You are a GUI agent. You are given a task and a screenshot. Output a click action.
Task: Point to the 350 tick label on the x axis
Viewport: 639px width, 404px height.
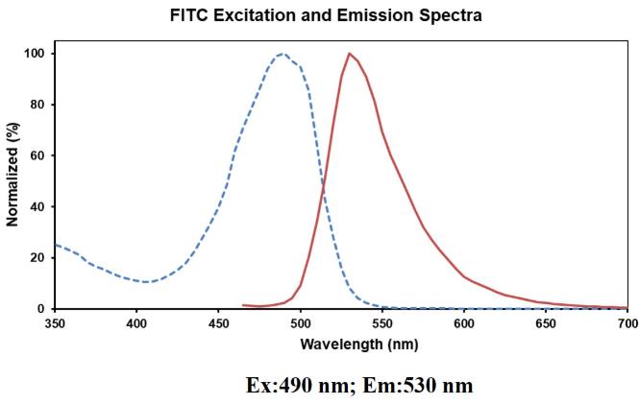tap(55, 324)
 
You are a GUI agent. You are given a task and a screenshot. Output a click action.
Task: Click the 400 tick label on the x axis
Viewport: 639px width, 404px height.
tap(136, 324)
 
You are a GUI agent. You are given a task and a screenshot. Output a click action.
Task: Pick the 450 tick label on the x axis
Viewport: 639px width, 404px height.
tap(218, 324)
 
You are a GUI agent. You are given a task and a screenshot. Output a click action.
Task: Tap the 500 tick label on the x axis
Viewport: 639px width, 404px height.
tap(300, 324)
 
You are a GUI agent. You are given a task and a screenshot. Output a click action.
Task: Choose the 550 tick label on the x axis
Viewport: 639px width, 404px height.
tap(382, 324)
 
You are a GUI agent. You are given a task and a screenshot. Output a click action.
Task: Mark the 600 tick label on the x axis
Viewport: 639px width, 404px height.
tap(464, 324)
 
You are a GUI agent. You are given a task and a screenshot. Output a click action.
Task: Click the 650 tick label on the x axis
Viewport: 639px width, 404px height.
tap(546, 324)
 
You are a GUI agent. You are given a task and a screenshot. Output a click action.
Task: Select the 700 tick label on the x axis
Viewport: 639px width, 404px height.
tap(627, 324)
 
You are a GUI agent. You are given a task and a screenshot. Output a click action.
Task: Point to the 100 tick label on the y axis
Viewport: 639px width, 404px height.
tap(35, 54)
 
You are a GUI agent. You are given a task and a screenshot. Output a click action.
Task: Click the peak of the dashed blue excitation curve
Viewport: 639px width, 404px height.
tap(282, 55)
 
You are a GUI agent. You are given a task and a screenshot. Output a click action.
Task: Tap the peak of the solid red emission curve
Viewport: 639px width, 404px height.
tap(349, 54)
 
